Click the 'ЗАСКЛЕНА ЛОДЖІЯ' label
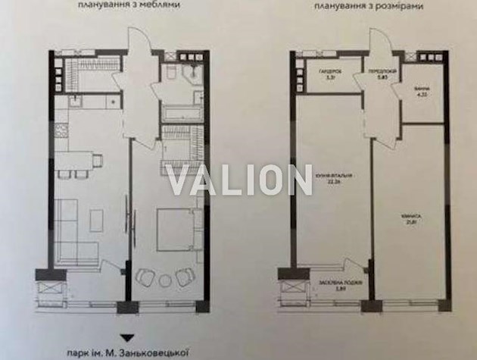pyautogui.click(x=333, y=284)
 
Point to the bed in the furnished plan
pyautogui.click(x=176, y=228)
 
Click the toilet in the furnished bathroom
pyautogui.click(x=172, y=72)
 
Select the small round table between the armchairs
pyautogui.click(x=165, y=280)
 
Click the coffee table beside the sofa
pyautogui.click(x=97, y=221)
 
